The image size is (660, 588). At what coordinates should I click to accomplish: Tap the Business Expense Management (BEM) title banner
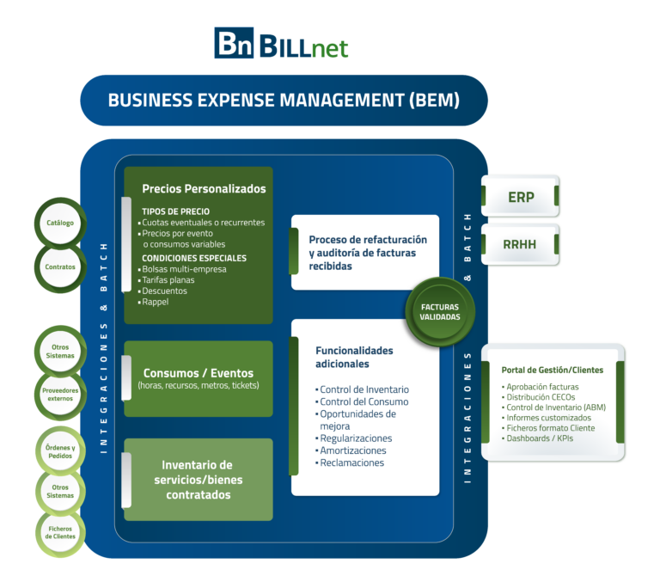click(x=284, y=100)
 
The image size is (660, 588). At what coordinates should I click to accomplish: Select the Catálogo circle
click(x=59, y=224)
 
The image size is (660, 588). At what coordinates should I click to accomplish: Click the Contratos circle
click(x=59, y=266)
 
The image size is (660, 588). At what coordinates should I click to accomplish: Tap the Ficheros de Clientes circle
click(x=59, y=531)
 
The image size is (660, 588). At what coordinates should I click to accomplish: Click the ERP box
click(x=520, y=197)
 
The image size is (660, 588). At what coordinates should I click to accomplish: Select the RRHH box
click(x=520, y=244)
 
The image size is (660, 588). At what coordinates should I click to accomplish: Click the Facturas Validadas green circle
click(x=440, y=311)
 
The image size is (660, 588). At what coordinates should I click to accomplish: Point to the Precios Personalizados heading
click(x=204, y=189)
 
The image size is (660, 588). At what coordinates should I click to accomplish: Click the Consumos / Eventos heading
click(x=199, y=373)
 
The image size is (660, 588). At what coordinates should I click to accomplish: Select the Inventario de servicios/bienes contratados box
click(x=199, y=479)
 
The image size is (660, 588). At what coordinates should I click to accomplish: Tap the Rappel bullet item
click(x=156, y=303)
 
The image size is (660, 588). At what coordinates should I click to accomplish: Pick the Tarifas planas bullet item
click(x=168, y=280)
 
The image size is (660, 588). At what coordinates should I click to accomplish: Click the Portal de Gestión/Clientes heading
click(x=552, y=370)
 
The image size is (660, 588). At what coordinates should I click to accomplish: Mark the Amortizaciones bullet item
click(x=352, y=450)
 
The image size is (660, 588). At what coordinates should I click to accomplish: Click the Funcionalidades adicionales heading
click(x=354, y=357)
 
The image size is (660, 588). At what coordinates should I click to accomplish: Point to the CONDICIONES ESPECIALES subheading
click(x=194, y=258)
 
